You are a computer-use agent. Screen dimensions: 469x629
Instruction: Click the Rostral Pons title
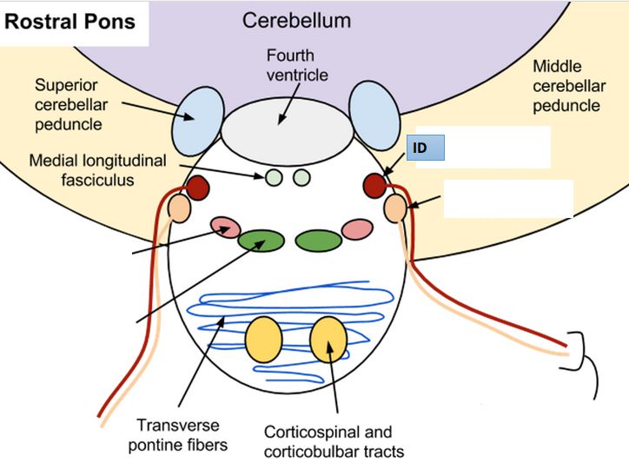click(x=70, y=21)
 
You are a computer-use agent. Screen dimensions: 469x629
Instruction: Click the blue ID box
click(x=425, y=149)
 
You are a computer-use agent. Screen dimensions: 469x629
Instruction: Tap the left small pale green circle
click(x=273, y=178)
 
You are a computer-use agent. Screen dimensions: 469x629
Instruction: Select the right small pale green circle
click(x=301, y=178)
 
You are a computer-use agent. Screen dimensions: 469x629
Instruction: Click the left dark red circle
click(x=197, y=187)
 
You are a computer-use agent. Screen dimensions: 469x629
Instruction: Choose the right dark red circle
click(x=375, y=185)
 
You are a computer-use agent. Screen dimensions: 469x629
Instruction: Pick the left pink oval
click(x=224, y=228)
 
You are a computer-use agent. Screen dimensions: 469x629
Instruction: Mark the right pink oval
click(x=356, y=229)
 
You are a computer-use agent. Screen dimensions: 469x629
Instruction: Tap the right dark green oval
click(x=317, y=240)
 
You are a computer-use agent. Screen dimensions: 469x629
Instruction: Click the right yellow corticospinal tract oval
click(x=328, y=340)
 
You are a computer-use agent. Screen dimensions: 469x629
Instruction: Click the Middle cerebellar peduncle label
click(x=566, y=86)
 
